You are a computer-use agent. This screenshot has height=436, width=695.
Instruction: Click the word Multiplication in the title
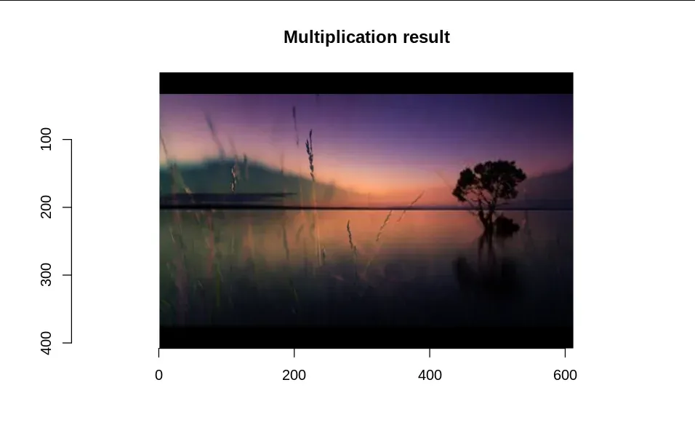pos(340,37)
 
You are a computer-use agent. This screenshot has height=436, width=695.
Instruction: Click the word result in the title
pos(427,37)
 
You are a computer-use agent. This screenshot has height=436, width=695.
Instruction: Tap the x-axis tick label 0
pos(158,375)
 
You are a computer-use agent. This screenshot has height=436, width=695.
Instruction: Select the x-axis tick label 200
pos(294,375)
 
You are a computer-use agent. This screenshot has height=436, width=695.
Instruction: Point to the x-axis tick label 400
pos(430,375)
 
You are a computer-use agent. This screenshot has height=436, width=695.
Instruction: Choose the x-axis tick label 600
pos(565,375)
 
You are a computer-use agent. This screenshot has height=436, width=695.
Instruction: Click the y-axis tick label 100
pos(46,139)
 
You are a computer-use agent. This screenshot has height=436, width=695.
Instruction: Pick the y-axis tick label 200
pos(46,207)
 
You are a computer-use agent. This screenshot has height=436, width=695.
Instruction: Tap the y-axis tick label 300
pos(46,275)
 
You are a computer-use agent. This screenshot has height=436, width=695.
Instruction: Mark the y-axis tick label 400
pos(46,343)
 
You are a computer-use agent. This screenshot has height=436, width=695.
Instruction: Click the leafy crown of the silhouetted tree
pos(489,181)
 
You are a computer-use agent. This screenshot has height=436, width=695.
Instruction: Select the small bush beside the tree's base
pos(506,225)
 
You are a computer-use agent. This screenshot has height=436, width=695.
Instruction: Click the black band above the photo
pos(366,83)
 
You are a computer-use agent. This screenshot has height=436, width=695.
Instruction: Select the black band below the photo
pos(366,338)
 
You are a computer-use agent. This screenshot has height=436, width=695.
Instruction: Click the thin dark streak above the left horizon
pos(228,194)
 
